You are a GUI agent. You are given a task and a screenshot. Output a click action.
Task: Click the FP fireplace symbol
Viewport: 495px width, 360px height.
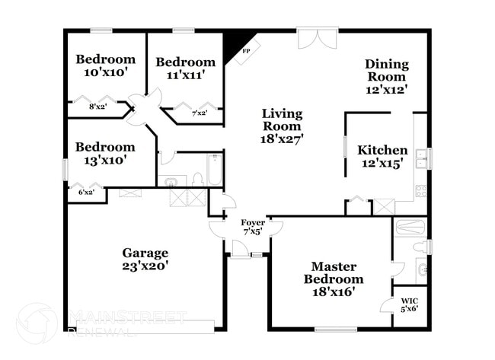[245, 50]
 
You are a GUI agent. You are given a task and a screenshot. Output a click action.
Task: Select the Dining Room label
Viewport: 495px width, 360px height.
[386, 76]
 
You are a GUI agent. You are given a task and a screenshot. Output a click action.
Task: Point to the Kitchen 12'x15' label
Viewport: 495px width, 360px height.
[382, 156]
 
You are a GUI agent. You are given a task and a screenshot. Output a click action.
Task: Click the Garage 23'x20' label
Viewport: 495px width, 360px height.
[145, 260]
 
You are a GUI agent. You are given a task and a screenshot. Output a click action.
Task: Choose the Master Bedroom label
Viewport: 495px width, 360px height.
[332, 279]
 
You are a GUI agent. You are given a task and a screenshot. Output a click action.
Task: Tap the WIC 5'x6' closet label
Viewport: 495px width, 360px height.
[409, 304]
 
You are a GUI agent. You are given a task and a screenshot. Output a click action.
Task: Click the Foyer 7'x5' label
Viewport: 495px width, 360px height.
[253, 227]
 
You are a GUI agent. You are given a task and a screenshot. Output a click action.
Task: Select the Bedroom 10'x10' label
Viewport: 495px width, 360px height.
[105, 65]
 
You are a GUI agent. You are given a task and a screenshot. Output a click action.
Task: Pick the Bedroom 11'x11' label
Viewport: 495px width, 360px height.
[185, 68]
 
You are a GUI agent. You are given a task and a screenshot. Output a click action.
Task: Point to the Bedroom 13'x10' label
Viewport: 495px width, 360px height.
[105, 153]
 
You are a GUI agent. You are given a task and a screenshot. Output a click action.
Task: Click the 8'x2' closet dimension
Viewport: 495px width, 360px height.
[97, 107]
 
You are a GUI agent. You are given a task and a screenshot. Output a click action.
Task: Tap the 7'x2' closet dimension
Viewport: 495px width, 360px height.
[200, 113]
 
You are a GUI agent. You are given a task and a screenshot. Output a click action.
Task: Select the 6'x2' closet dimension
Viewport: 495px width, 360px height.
[88, 193]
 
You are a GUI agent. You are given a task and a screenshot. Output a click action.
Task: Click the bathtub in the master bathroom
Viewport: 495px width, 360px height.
[410, 225]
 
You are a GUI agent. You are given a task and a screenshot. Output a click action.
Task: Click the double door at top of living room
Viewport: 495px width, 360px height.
[317, 38]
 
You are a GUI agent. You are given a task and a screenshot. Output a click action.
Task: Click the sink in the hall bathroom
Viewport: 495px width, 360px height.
[172, 182]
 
